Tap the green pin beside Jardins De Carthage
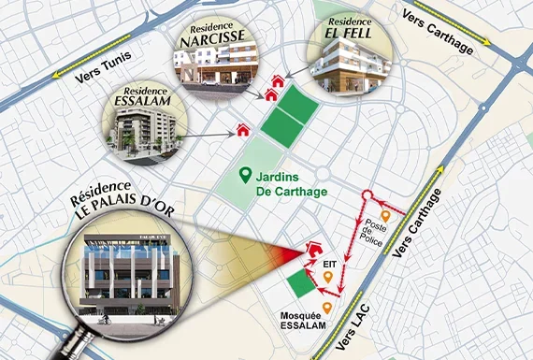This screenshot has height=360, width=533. point(245,174)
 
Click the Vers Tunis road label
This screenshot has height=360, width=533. point(98,81)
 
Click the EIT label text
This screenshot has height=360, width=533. point(330,266)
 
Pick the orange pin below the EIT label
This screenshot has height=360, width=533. point(328,278)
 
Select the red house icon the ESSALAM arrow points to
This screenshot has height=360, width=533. point(244,132)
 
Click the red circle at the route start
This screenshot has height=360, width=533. point(367,197)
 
